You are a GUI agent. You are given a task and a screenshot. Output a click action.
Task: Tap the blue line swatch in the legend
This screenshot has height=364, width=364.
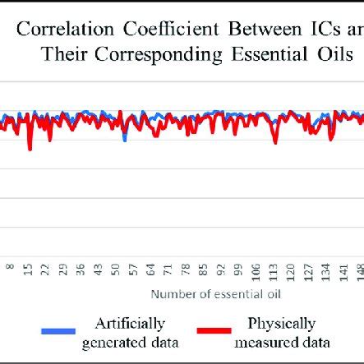pos(58,331)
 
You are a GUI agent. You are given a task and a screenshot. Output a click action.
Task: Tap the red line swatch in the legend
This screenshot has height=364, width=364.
pos(214,331)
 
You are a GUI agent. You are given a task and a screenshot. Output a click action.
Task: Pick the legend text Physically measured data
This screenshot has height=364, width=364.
pos(282,333)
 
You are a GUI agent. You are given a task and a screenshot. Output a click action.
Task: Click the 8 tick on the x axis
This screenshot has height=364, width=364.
pos(11,269)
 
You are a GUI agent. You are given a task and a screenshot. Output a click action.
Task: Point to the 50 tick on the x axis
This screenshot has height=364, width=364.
pos(116,268)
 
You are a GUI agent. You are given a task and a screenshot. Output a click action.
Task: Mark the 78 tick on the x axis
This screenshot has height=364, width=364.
pos(186,268)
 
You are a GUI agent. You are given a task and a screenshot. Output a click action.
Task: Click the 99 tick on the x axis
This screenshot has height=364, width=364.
pos(238,268)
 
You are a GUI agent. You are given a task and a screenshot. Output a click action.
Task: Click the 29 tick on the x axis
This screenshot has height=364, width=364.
pos(63,268)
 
